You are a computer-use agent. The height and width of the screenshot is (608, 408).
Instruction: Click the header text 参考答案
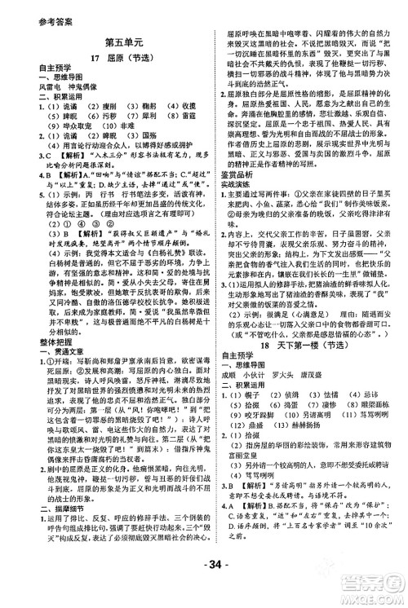pos(30,10)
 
